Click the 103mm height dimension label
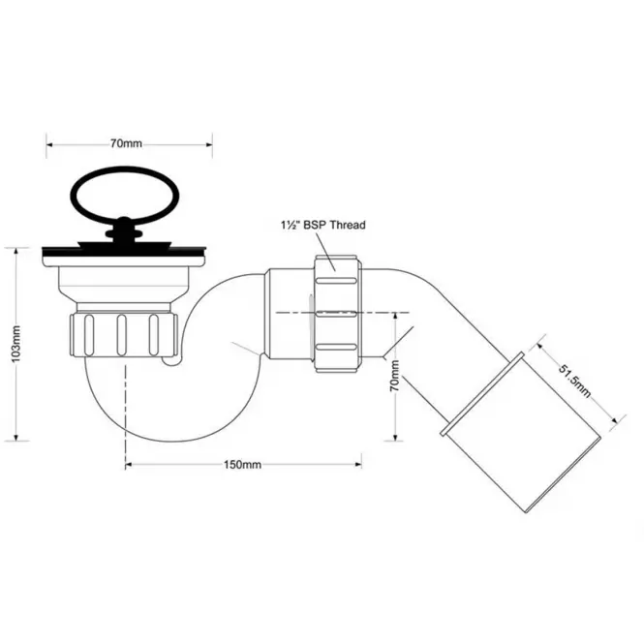[15, 344]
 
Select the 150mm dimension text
[242, 465]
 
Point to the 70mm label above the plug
[126, 143]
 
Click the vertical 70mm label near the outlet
[394, 376]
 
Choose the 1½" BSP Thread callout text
[323, 225]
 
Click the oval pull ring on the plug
[125, 196]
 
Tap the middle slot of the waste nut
[121, 335]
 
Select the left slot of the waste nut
[89, 335]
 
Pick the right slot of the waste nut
[154, 335]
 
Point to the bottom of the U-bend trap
[172, 441]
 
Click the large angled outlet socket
[522, 432]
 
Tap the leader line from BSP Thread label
[325, 252]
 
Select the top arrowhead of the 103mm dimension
[16, 252]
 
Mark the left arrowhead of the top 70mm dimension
[49, 144]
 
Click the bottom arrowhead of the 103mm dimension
[16, 437]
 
